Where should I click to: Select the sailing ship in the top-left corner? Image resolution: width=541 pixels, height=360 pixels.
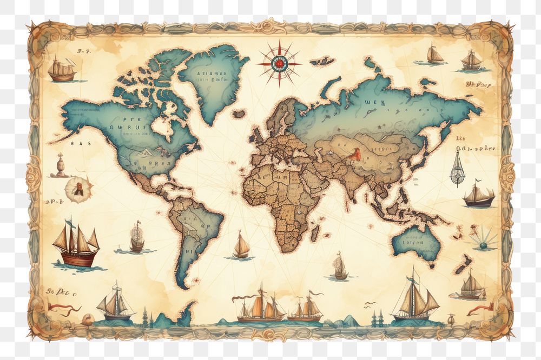tap(62, 70)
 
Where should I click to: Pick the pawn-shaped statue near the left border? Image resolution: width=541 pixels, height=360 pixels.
tap(60, 165)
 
